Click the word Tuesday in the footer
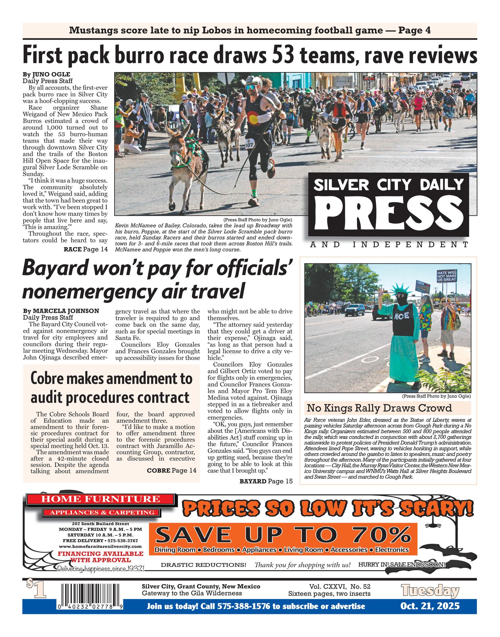430,590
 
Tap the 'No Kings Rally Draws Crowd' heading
379,408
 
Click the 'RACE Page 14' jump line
85,249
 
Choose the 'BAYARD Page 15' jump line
266,481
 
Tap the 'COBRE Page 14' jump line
172,470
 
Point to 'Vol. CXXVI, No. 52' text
340,586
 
